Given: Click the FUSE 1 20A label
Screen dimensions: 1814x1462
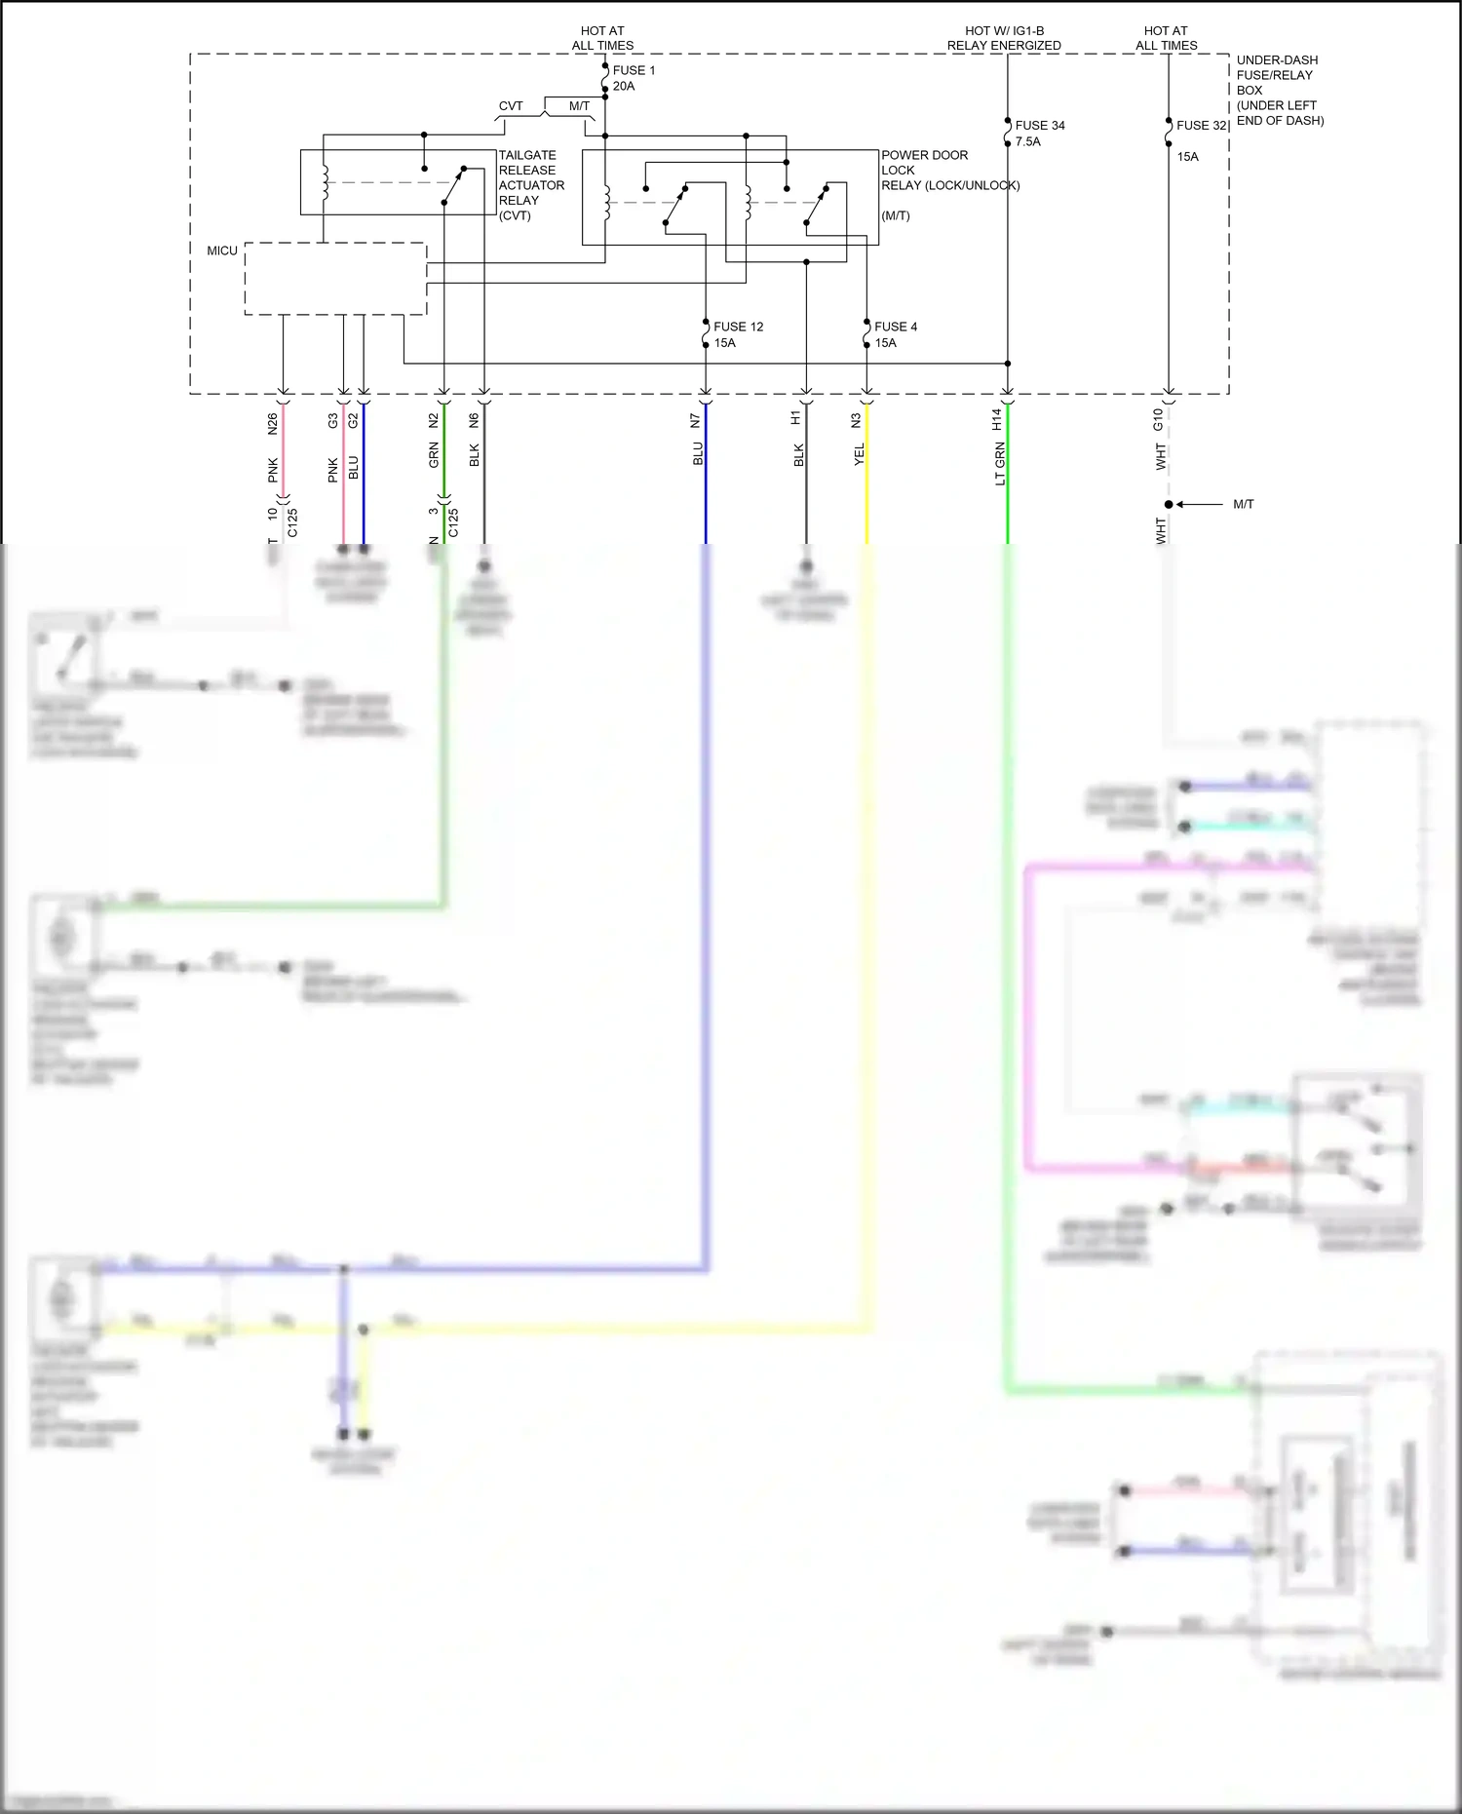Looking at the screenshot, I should (x=634, y=78).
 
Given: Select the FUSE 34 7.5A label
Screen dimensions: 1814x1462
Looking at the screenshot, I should (x=1039, y=134).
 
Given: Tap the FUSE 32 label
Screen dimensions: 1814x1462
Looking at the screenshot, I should (x=1201, y=126).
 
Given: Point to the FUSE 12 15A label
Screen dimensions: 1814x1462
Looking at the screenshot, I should (x=738, y=334).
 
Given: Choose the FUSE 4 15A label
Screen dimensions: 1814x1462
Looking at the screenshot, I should (x=895, y=334).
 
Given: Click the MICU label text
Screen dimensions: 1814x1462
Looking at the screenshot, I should (x=222, y=251).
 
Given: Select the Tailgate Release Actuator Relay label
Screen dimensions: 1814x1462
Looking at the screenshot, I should (x=531, y=185).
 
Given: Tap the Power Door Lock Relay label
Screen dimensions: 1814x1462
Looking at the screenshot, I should (x=949, y=185).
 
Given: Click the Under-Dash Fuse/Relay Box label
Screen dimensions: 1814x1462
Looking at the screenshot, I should (x=1280, y=90).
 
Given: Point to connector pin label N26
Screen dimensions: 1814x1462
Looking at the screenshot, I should (x=273, y=423).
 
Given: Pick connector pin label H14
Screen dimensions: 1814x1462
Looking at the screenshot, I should (x=997, y=419).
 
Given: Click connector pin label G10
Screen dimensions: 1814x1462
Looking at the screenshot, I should (x=1158, y=419).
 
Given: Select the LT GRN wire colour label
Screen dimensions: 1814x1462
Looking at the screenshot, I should (x=1000, y=464).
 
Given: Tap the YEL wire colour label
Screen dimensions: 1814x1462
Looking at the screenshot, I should (x=860, y=454).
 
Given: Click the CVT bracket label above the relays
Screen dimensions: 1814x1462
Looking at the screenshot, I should (x=511, y=106).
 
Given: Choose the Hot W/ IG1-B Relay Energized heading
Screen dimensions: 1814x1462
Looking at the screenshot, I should (x=1004, y=38).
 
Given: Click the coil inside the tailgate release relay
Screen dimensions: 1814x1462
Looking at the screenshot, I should (x=325, y=182).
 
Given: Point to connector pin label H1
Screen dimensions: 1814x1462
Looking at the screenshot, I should (x=796, y=417).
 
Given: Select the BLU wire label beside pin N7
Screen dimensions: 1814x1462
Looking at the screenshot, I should (x=698, y=454).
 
